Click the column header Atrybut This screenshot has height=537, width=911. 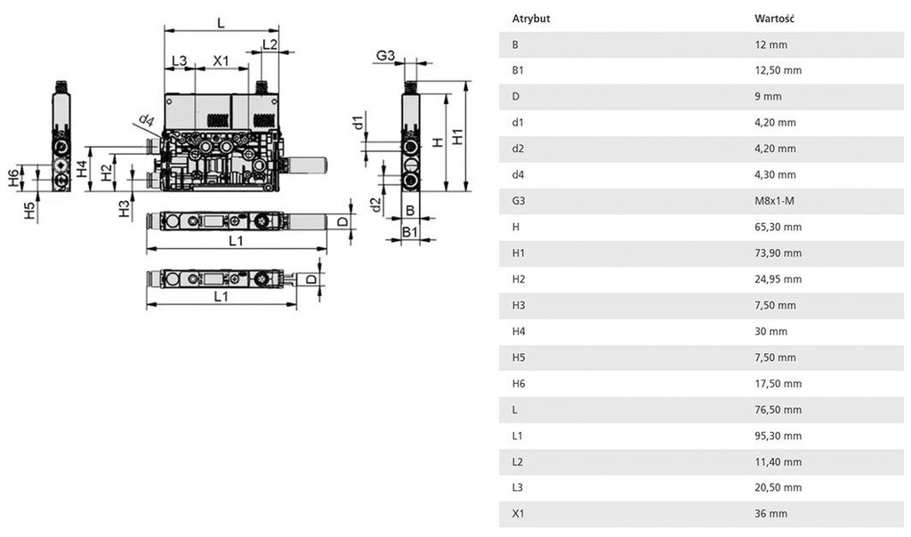(x=531, y=18)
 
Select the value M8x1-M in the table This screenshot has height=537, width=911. (x=773, y=201)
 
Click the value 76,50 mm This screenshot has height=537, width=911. (x=778, y=410)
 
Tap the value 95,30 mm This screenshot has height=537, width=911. (x=778, y=436)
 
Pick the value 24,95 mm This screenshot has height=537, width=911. (x=778, y=279)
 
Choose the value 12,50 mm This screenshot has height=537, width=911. (x=778, y=70)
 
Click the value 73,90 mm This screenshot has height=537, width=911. (x=778, y=253)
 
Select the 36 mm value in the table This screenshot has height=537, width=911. (x=770, y=514)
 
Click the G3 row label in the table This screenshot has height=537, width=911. (x=519, y=201)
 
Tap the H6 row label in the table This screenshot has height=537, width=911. (x=519, y=384)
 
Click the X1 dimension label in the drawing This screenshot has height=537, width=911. (x=221, y=60)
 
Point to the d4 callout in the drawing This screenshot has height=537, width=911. (x=146, y=120)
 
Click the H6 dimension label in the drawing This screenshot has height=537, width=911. (x=12, y=178)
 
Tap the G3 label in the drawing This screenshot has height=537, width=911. (x=384, y=57)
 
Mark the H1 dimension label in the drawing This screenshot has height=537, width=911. (x=457, y=137)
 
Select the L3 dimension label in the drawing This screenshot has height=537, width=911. (x=179, y=60)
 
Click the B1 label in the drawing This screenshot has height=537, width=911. (x=409, y=231)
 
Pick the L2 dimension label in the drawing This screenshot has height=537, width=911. (x=270, y=44)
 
